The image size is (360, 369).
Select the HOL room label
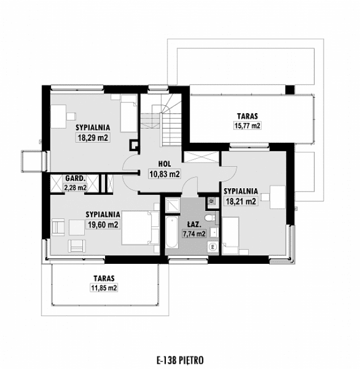point(165,163)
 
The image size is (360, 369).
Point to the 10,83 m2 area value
point(164,174)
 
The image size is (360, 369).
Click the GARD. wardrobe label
point(75,177)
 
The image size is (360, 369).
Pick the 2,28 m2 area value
point(75,186)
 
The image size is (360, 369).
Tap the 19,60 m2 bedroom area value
point(102,225)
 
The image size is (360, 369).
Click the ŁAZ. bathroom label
point(192,224)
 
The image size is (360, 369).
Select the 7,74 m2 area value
point(193,233)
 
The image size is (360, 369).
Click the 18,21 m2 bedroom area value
point(240,201)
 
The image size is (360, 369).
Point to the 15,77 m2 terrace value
point(248,126)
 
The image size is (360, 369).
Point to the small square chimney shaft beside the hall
point(134,144)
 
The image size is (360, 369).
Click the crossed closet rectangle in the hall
point(201,158)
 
